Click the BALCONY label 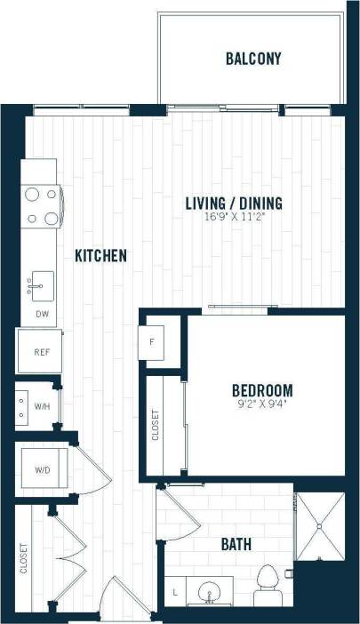253,60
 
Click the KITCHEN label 100,256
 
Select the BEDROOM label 262,390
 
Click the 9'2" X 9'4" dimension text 262,404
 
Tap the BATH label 236,544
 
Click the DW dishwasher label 42,314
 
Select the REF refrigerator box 41,352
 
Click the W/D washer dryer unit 41,468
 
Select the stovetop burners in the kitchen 41,205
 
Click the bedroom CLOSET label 157,426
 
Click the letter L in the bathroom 177,591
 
